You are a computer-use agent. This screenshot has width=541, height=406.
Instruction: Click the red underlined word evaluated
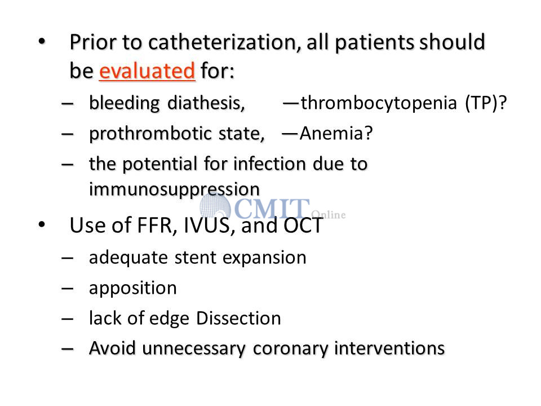(x=147, y=71)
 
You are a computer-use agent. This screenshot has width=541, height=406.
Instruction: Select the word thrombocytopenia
(x=379, y=103)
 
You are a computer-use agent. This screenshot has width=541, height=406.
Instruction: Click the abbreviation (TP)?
(x=486, y=103)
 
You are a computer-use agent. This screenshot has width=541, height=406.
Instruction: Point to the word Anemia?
(x=336, y=133)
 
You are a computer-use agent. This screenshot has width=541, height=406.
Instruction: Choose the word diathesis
(x=206, y=103)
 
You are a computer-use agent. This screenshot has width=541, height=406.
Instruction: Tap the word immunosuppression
(x=174, y=189)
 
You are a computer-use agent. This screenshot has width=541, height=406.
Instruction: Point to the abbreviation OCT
(x=303, y=226)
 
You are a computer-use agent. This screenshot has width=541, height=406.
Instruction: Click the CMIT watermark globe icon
(x=215, y=207)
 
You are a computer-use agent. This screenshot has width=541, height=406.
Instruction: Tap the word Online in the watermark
(x=329, y=215)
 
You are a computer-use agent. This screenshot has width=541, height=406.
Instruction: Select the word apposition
(x=133, y=289)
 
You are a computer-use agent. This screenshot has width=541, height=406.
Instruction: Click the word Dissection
(x=238, y=318)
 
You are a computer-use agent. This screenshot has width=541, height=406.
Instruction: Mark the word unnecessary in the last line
(x=193, y=348)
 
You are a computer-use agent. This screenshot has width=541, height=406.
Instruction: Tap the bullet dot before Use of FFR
(x=42, y=225)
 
